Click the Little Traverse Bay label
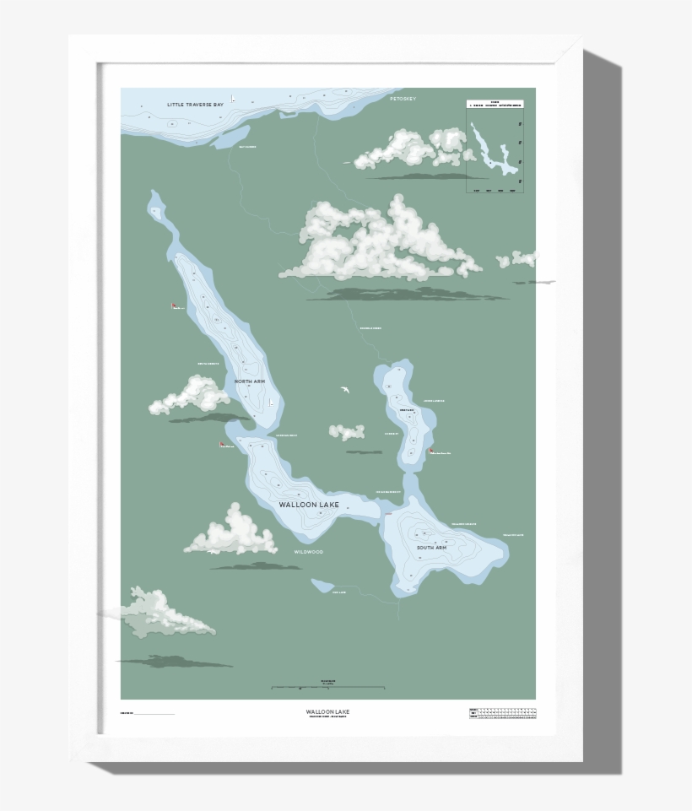195,104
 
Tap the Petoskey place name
403,99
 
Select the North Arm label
250,381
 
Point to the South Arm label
430,548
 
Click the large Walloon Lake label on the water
309,505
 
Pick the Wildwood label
308,551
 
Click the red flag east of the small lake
431,451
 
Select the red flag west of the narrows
223,445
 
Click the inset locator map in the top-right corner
495,147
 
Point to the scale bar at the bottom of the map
328,689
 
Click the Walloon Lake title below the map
327,712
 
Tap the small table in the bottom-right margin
503,713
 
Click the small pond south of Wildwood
322,585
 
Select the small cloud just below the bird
347,432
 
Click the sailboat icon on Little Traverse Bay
233,99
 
